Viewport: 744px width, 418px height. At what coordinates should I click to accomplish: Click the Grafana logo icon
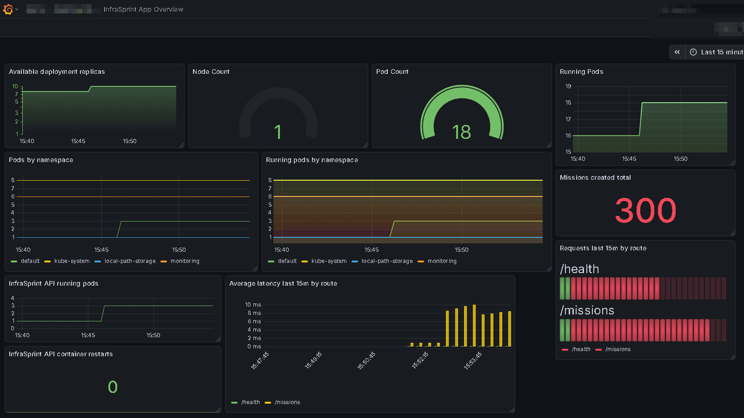pyautogui.click(x=8, y=9)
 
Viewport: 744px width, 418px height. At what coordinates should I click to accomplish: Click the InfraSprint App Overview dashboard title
pyautogui.click(x=143, y=9)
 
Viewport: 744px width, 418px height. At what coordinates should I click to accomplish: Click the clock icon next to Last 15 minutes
pyautogui.click(x=693, y=52)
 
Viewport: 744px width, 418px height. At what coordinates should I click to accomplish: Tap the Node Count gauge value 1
pyautogui.click(x=278, y=132)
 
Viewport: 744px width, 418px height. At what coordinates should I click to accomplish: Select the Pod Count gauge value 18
pyautogui.click(x=461, y=132)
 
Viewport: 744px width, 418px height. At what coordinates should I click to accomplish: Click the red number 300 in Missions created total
pyautogui.click(x=645, y=210)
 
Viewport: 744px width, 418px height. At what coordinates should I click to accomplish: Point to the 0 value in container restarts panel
pyautogui.click(x=113, y=387)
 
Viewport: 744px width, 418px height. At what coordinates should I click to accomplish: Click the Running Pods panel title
pyautogui.click(x=581, y=72)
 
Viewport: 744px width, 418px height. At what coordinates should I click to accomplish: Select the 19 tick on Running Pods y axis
pyautogui.click(x=568, y=86)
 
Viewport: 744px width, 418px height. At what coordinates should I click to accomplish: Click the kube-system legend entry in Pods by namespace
pyautogui.click(x=72, y=261)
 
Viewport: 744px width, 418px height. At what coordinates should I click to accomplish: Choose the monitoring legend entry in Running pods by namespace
pyautogui.click(x=442, y=261)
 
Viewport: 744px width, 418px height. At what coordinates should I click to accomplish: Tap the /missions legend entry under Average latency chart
pyautogui.click(x=287, y=402)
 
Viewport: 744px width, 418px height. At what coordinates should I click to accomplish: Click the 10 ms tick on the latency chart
pyautogui.click(x=253, y=305)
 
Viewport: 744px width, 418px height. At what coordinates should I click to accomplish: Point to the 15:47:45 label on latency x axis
pyautogui.click(x=260, y=360)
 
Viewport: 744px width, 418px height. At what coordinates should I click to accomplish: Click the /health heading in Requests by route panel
pyautogui.click(x=579, y=269)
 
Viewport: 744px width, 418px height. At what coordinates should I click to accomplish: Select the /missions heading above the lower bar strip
pyautogui.click(x=587, y=310)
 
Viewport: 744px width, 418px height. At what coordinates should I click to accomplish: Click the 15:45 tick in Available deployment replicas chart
pyautogui.click(x=78, y=141)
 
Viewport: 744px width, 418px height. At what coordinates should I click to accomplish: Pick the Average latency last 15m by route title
pyautogui.click(x=283, y=283)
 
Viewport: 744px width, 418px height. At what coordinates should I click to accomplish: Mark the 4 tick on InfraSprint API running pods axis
pyautogui.click(x=13, y=298)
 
